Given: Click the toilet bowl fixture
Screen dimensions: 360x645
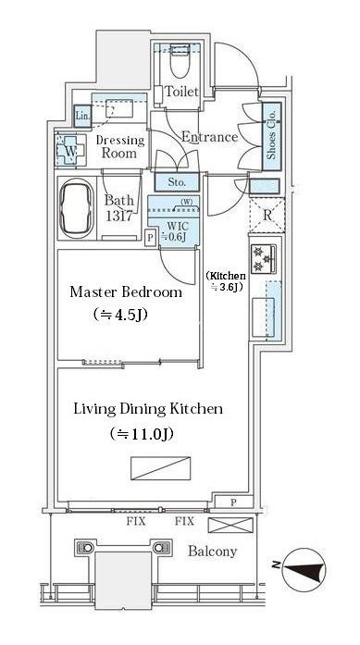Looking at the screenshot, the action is coord(180,62).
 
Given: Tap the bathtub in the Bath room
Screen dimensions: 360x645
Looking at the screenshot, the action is coord(77,208).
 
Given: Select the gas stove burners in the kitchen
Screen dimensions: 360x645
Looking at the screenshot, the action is coord(264,258).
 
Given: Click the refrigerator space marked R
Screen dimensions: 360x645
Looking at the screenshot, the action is coord(267,215).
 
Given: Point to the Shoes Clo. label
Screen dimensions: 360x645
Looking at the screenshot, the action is coord(272,136).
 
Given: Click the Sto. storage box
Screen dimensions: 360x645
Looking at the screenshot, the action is coord(177,181).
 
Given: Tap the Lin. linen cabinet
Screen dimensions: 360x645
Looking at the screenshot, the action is coord(82,115).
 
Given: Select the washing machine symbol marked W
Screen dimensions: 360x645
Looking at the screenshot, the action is coord(70,151).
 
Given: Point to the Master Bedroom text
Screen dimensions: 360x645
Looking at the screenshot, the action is coord(126,292).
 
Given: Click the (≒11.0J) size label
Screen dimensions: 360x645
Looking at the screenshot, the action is coord(141,434).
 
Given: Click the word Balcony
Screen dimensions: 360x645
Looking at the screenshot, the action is coord(212,552).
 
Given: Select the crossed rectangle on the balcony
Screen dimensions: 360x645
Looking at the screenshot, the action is coord(230,525).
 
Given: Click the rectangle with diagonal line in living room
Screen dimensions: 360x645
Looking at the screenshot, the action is coord(161,468).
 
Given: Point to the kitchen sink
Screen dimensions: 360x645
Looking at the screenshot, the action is coord(263,316).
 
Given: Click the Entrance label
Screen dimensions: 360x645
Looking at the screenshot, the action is coord(209,137).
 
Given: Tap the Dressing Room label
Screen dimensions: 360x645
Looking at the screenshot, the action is coord(119,146).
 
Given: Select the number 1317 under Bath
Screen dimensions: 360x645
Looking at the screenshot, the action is coord(119,216).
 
